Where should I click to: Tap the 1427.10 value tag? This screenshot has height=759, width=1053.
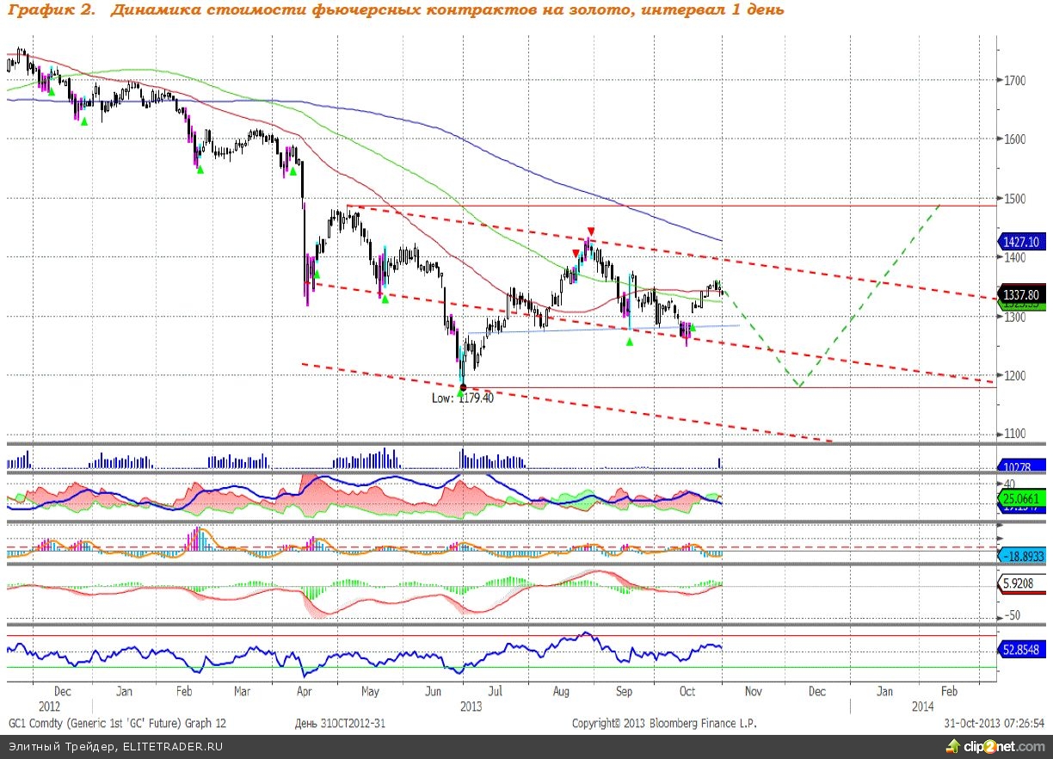[1021, 243]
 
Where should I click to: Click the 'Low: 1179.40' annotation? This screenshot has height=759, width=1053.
[463, 398]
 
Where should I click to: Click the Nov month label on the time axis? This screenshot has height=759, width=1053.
[754, 691]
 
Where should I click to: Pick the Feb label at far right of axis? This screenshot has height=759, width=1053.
[949, 691]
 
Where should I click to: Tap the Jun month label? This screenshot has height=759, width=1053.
[434, 691]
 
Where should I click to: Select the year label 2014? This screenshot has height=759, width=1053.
[922, 707]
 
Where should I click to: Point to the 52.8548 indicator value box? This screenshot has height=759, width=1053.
[1022, 651]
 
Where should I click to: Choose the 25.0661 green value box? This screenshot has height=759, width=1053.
[1021, 498]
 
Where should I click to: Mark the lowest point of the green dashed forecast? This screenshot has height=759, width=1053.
[799, 386]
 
